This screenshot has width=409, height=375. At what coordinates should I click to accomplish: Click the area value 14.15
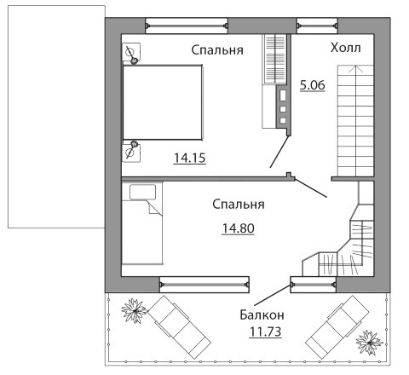coord(189,158)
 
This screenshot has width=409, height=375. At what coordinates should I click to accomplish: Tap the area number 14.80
coord(238,228)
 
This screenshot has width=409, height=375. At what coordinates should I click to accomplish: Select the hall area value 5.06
coord(313,85)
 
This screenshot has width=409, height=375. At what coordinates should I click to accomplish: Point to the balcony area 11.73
coord(265,332)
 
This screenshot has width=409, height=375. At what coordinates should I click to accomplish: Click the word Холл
coord(346,48)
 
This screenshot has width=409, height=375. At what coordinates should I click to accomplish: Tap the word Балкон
coord(262,314)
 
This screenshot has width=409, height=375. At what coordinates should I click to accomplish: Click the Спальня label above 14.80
coord(239,205)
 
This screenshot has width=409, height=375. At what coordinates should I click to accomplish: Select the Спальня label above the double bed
coord(217,50)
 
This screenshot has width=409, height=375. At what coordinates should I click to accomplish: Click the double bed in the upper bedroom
coord(163,102)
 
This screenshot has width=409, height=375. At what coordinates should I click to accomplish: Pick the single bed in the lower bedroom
coord(142,223)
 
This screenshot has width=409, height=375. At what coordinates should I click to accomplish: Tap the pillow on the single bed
coord(142,192)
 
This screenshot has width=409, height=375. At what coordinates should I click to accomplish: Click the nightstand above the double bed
coord(131,52)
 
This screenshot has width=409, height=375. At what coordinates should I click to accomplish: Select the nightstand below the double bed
coord(131,153)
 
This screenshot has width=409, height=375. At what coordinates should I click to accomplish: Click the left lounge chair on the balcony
coord(179,327)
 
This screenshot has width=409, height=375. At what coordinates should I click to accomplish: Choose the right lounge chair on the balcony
coord(337,327)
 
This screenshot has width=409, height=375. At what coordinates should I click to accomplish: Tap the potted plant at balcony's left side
coord(134,311)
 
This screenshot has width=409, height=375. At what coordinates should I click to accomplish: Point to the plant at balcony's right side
coord(369,343)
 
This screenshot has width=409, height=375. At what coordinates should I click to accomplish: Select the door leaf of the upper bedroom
coord(279,152)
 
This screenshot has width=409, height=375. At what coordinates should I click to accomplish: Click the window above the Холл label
coord(317,26)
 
